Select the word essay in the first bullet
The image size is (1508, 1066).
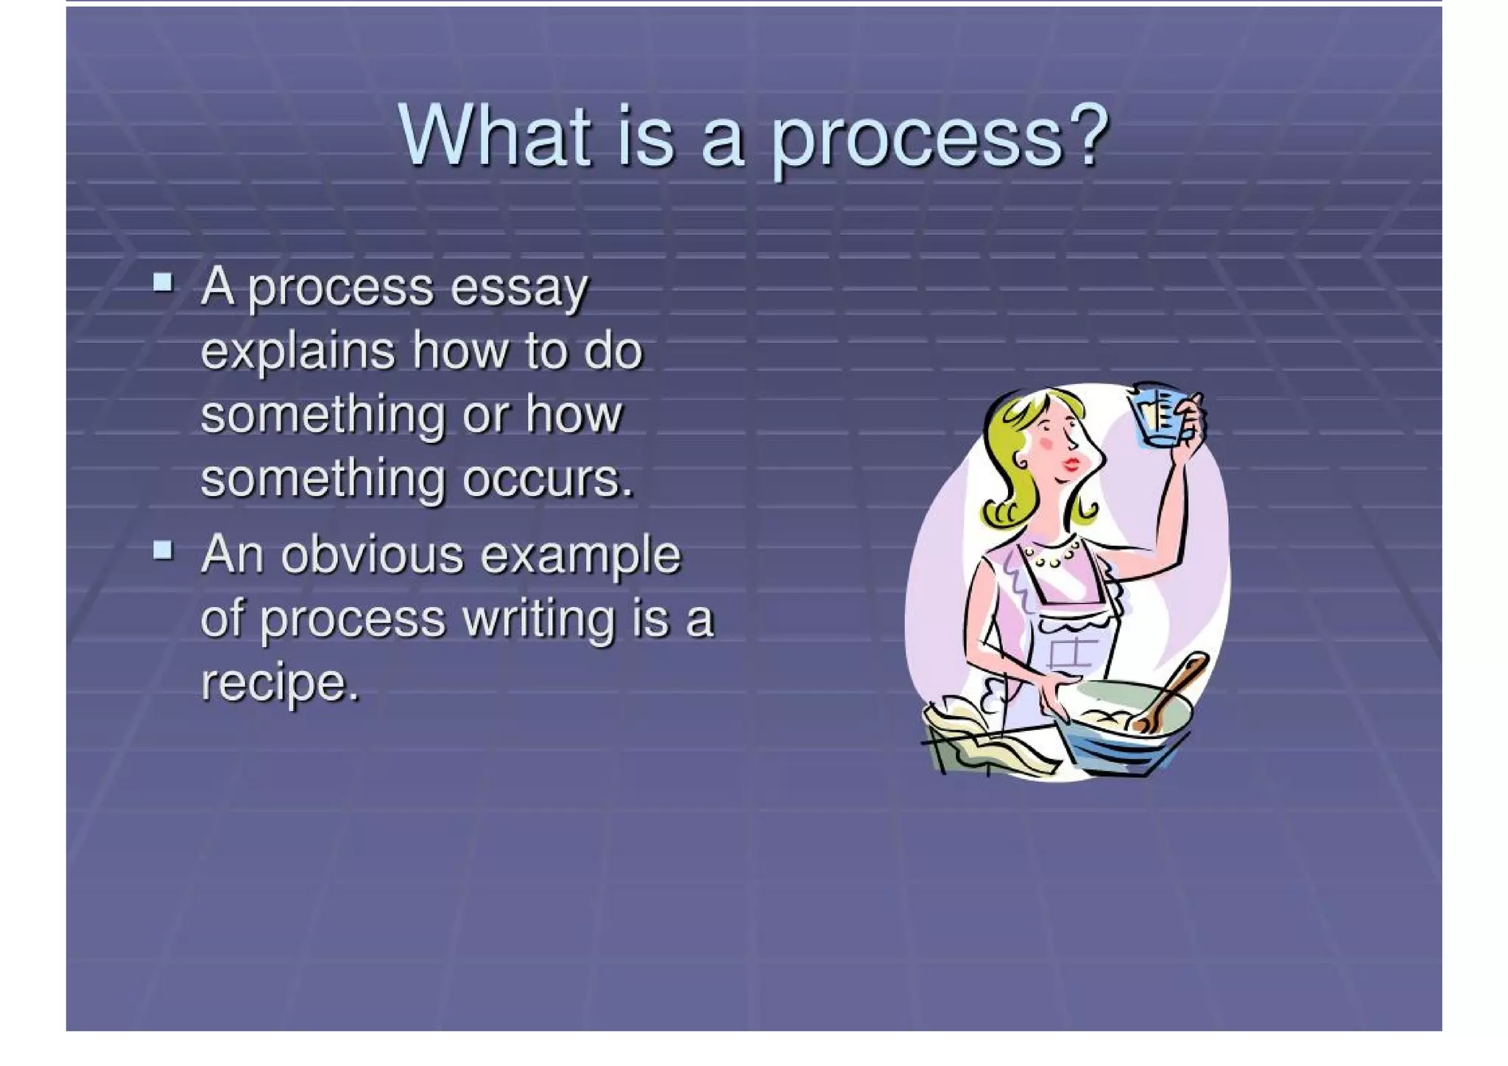coord(520,288)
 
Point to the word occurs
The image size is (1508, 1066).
coord(548,479)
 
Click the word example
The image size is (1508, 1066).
coord(581,555)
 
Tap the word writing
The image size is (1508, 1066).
coord(538,619)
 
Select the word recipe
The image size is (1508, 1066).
coord(279,683)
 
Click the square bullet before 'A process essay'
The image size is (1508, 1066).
coord(163,282)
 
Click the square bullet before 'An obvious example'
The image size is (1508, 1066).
coord(163,550)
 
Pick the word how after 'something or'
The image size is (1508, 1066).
coord(574,415)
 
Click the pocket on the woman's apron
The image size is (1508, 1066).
coord(1071,652)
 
